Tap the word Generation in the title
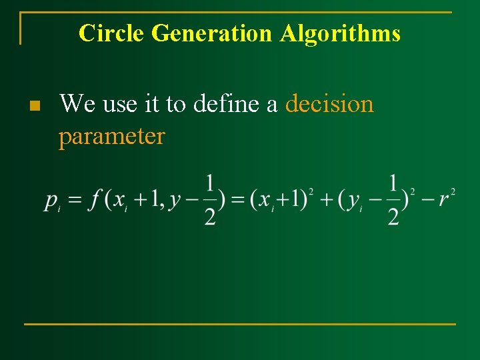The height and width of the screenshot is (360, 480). (212, 33)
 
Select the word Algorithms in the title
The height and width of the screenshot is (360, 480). (340, 33)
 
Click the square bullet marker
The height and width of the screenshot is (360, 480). (36, 105)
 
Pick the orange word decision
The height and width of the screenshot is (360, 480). (329, 104)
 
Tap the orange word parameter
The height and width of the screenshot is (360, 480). (111, 137)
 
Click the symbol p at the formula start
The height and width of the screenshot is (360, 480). (51, 200)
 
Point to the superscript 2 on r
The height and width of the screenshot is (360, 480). (453, 192)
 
